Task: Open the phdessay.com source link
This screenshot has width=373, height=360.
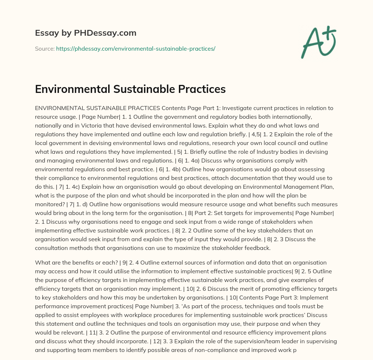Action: point(136,48)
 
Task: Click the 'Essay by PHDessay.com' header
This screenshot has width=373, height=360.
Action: point(86,33)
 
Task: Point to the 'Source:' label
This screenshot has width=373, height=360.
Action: point(44,48)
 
